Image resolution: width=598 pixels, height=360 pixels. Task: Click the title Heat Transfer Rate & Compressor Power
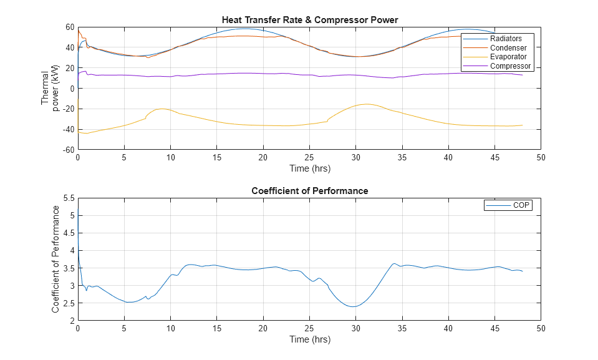(309, 20)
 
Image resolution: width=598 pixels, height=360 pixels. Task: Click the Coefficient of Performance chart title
(309, 191)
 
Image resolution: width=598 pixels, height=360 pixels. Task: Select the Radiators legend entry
(505, 39)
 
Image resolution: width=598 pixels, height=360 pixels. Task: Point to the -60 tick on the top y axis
(67, 150)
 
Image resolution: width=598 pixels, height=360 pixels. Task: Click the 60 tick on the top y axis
(69, 27)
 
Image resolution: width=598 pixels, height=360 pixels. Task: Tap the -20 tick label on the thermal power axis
(67, 109)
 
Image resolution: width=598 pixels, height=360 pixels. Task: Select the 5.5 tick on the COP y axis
(69, 198)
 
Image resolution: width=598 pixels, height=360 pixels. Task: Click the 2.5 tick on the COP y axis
(69, 303)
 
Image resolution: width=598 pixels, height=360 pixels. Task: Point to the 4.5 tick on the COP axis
(69, 233)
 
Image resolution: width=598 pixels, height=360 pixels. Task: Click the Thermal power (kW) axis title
(49, 89)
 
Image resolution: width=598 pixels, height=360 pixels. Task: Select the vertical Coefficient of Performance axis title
(56, 259)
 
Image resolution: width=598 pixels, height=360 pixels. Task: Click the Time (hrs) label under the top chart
(309, 168)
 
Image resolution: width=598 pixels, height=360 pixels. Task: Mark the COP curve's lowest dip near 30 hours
(354, 306)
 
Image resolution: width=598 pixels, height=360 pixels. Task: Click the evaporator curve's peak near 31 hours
(366, 104)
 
